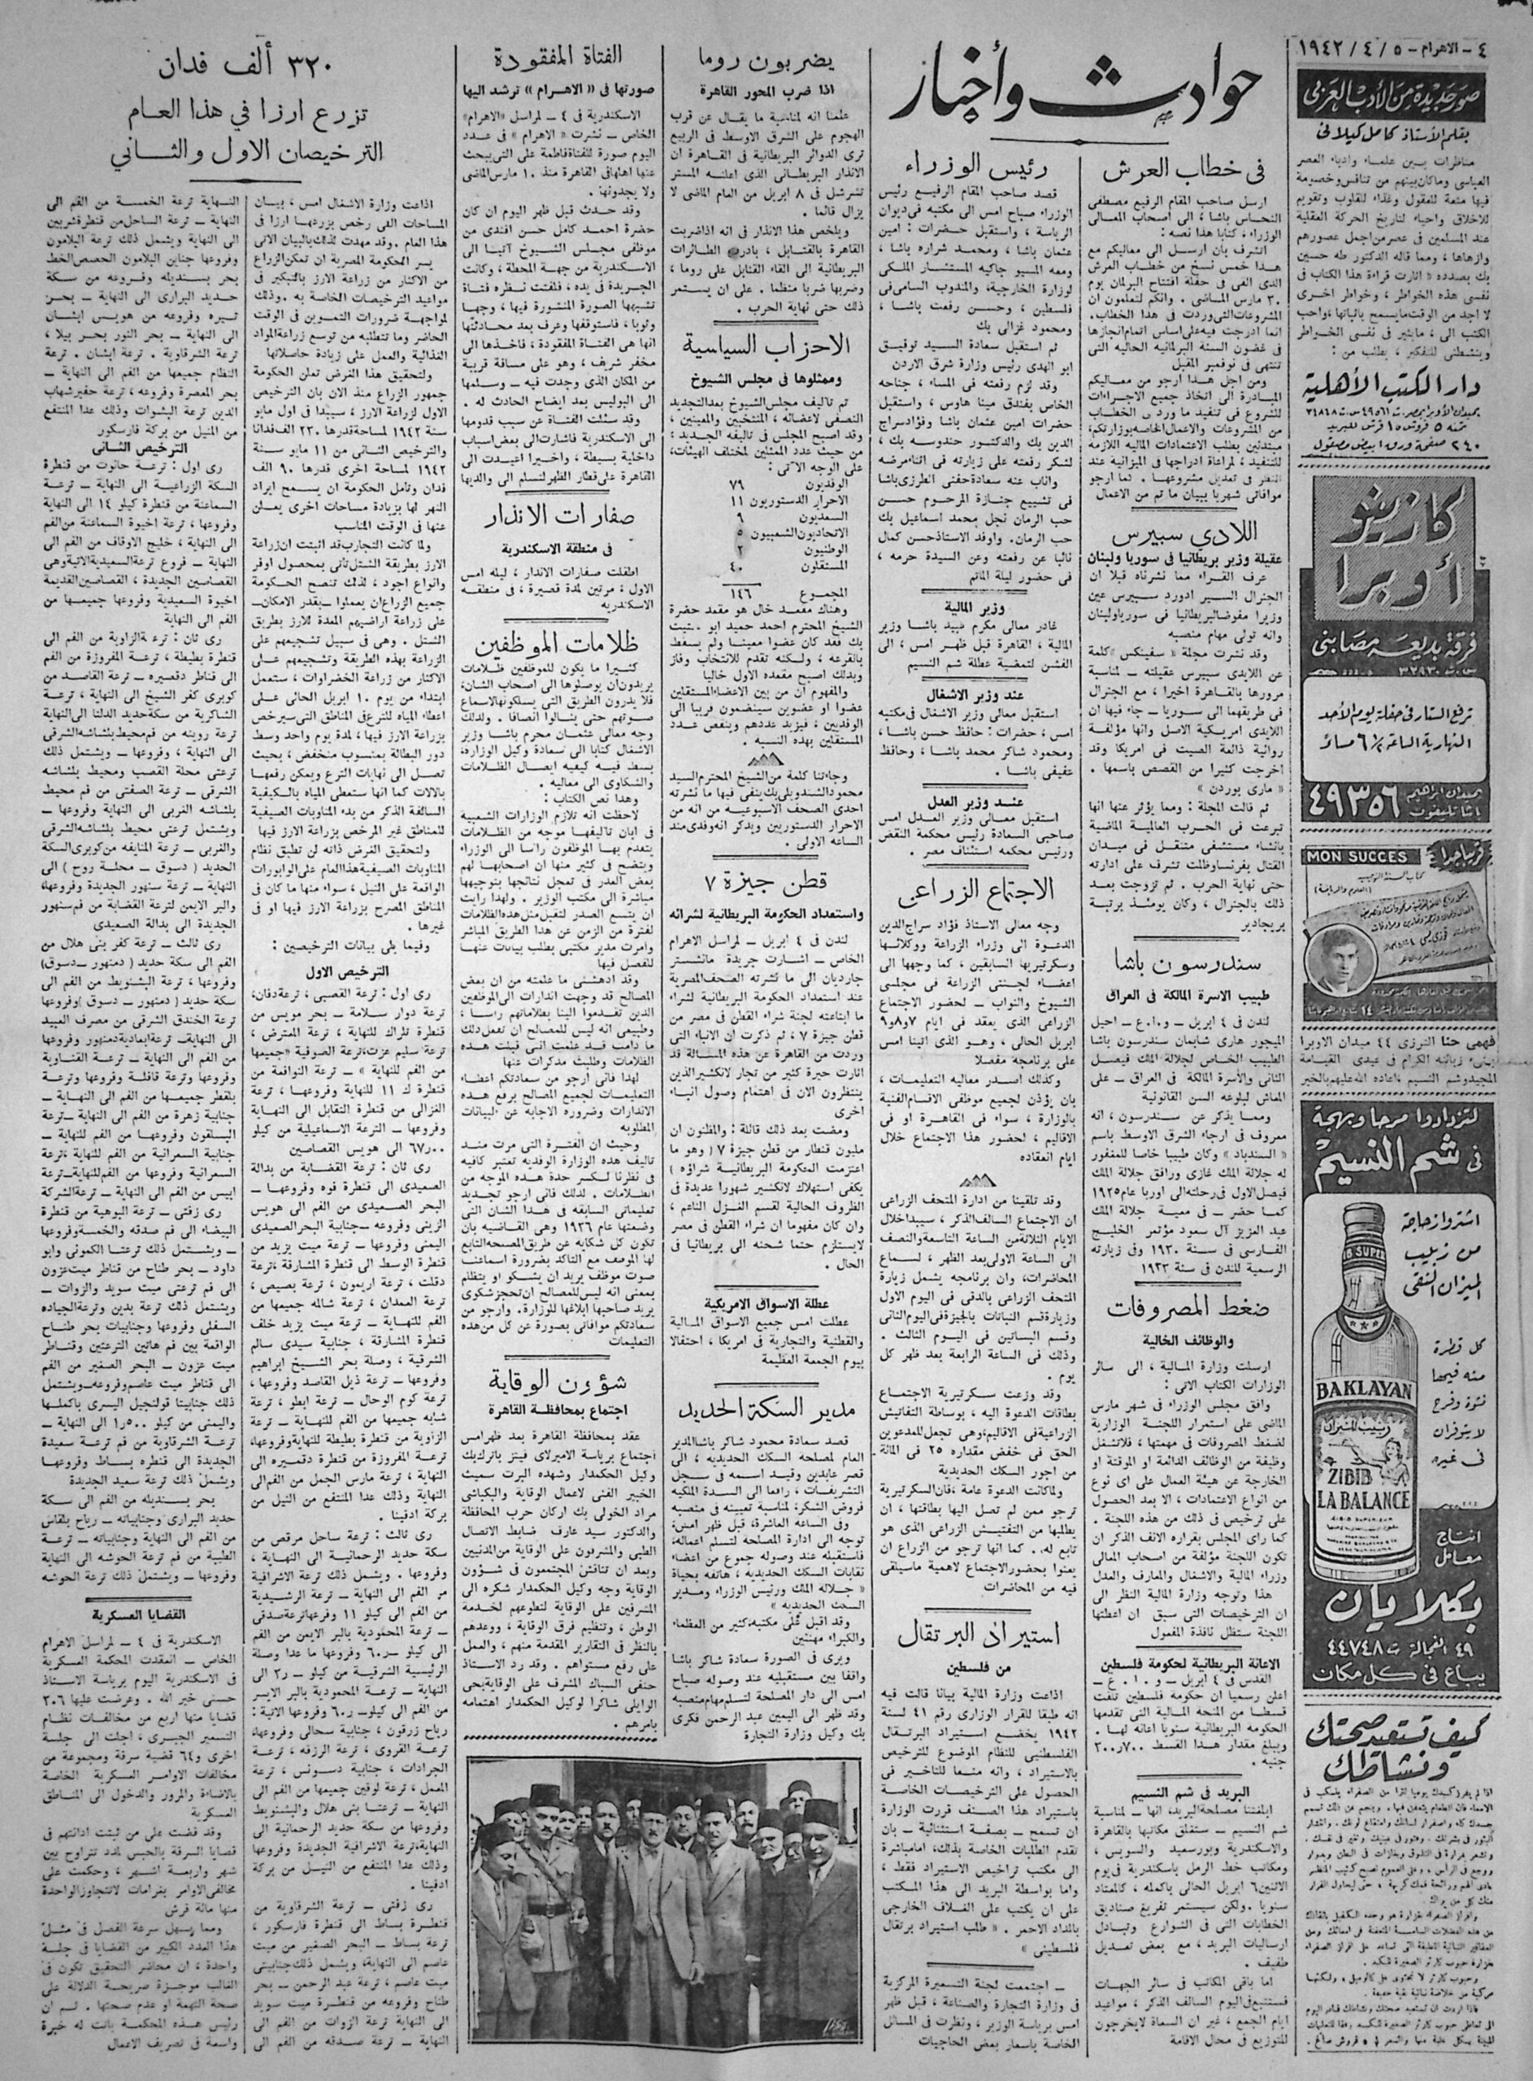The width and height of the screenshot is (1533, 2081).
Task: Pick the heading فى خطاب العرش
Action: click(x=1174, y=171)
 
